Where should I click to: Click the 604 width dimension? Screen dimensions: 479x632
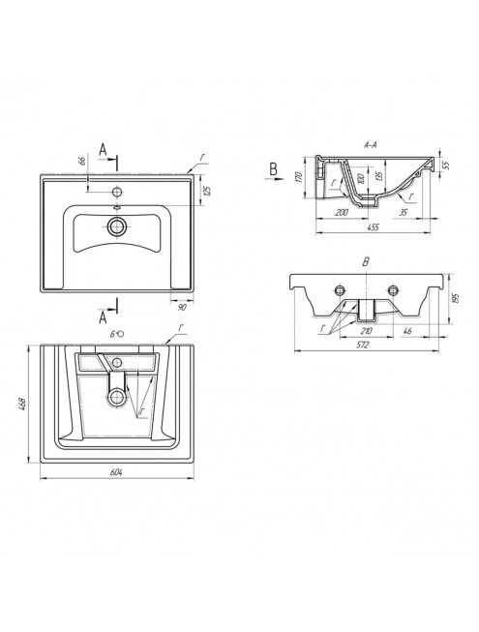[x=116, y=472]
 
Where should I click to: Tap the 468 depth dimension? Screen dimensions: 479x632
[x=22, y=404]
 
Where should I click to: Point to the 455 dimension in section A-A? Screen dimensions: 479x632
[x=374, y=226]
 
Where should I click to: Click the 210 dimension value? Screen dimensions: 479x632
[x=366, y=331]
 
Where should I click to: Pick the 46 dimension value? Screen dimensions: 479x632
[x=407, y=331]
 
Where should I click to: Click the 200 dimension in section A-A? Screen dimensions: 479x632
[x=342, y=212]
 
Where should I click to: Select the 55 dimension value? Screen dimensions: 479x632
[x=445, y=165]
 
